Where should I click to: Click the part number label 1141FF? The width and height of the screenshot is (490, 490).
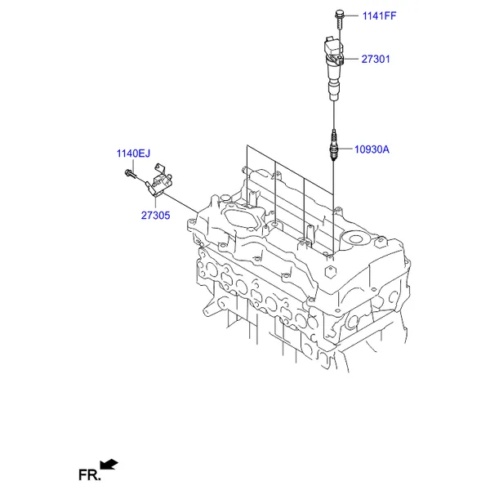tap(379, 16)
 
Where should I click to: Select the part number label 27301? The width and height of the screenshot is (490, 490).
tap(376, 59)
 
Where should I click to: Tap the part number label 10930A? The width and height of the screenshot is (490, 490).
tap(372, 149)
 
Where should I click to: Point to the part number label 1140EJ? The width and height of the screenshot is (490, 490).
tap(133, 154)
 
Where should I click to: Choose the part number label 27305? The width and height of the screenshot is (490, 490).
tap(155, 216)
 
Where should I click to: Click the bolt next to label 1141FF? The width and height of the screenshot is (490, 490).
tap(340, 19)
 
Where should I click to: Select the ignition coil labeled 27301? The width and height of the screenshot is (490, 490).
tap(334, 68)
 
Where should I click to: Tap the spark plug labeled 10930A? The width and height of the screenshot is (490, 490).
tap(334, 145)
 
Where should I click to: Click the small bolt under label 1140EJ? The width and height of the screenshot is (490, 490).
tap(131, 174)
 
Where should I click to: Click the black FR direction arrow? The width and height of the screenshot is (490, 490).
tap(109, 464)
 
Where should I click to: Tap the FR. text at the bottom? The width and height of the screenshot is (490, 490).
tap(90, 475)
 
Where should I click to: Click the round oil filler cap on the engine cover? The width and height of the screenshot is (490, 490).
tap(355, 239)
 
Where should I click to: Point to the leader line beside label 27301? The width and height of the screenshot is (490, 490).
tap(351, 59)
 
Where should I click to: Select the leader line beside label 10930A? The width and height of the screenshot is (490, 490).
tap(345, 149)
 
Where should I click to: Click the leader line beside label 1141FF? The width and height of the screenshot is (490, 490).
tap(351, 15)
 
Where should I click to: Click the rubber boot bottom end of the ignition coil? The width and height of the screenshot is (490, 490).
tap(333, 91)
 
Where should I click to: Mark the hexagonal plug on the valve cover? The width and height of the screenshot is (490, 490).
tap(331, 271)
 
